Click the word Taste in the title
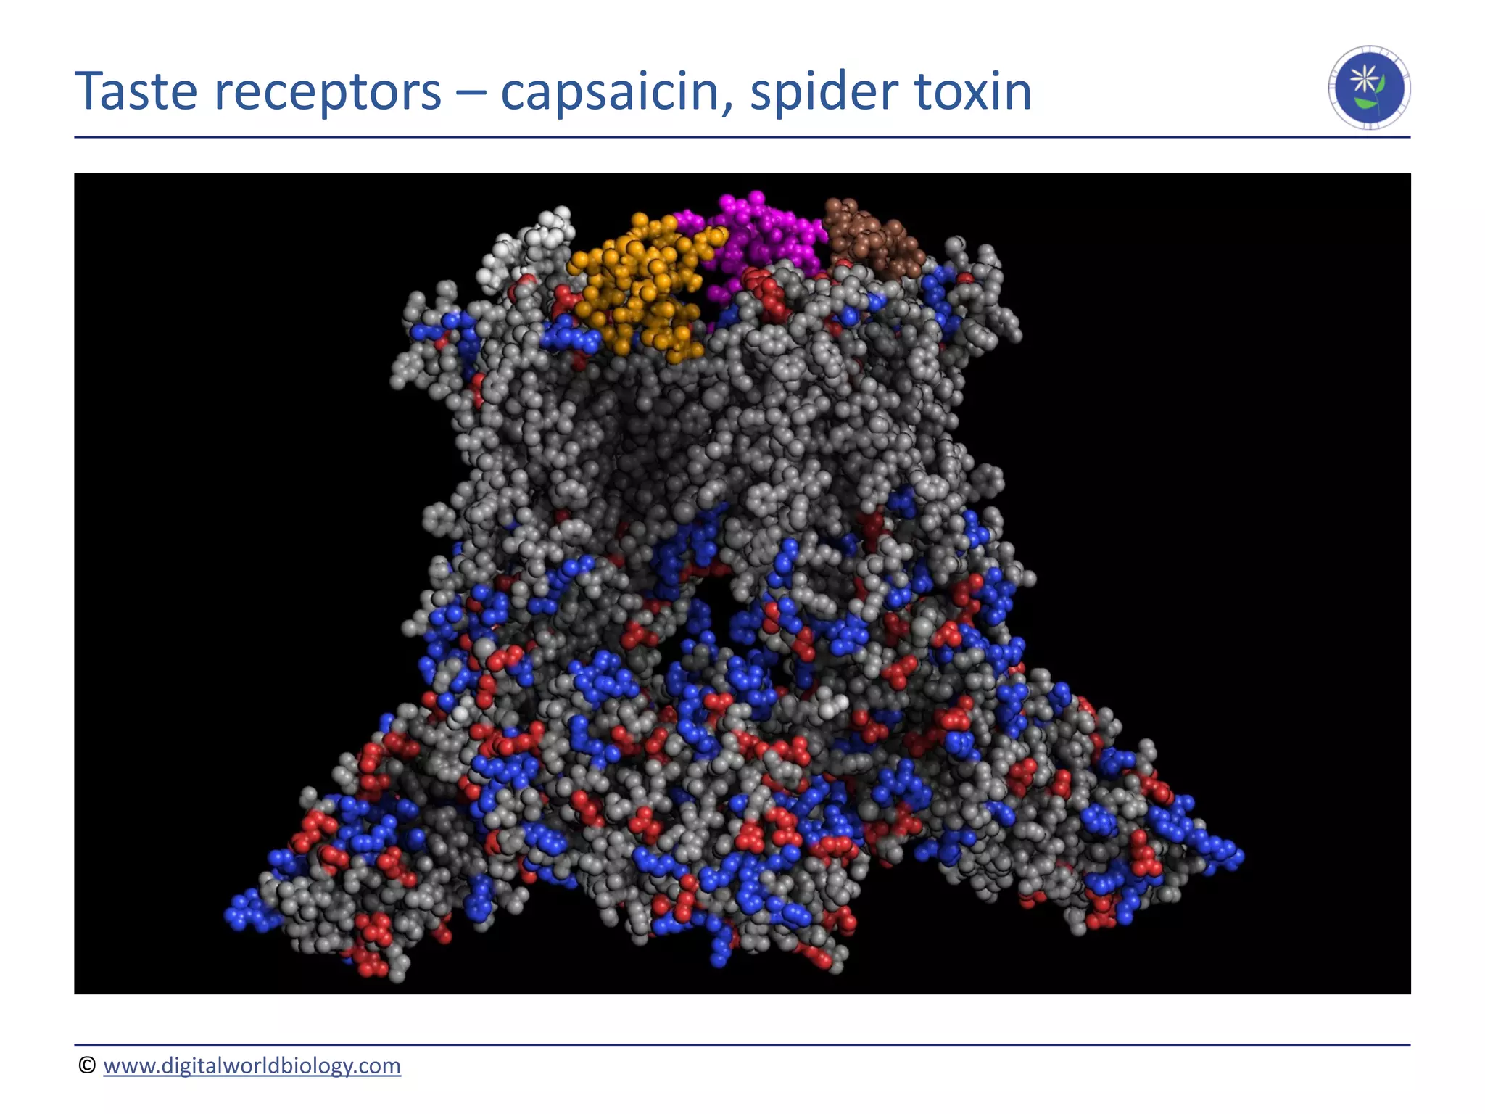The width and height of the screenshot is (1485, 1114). click(x=136, y=91)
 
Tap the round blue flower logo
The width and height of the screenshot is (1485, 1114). click(x=1369, y=88)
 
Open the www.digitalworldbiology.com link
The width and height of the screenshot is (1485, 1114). click(x=252, y=1065)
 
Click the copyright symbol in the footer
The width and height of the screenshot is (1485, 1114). click(x=87, y=1065)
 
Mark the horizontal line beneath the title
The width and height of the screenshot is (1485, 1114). click(x=742, y=137)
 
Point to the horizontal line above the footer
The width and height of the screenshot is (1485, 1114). click(x=742, y=1045)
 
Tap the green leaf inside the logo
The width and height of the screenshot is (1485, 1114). click(x=1365, y=104)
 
